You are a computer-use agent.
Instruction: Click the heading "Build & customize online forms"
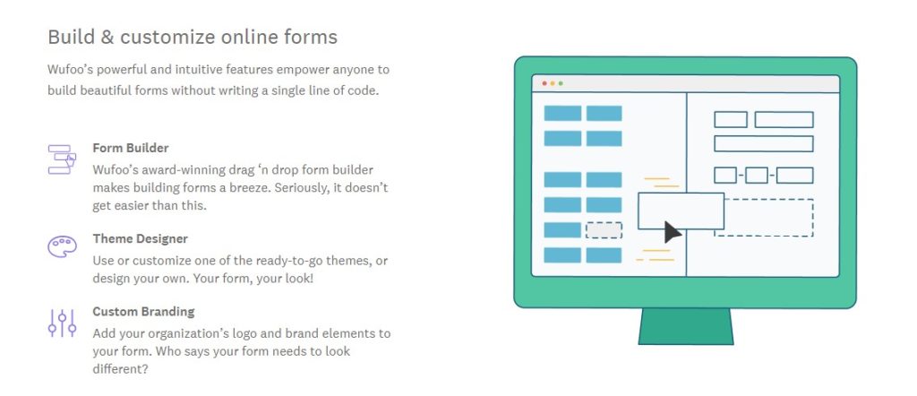pos(193,38)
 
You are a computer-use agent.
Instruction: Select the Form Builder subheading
pos(131,148)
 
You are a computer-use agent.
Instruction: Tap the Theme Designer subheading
pos(141,238)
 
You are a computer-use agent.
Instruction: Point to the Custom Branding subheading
pos(143,311)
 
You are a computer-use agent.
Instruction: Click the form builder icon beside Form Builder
pos(62,159)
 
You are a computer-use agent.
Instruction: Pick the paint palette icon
pos(62,245)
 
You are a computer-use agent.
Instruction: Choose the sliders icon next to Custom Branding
pos(62,323)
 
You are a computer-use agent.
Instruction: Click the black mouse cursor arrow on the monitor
pos(673,232)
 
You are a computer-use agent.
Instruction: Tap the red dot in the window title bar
pos(544,83)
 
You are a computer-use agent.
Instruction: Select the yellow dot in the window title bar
pos(553,83)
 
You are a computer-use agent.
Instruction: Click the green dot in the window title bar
pos(561,83)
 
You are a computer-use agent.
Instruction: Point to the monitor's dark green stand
pos(685,326)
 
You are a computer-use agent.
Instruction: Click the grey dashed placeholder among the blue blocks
pos(604,230)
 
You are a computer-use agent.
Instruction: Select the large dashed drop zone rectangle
pos(764,218)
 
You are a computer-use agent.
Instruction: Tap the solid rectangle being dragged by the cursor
pos(681,211)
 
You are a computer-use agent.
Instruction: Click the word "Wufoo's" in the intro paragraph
pos(70,70)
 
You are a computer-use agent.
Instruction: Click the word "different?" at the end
pos(120,370)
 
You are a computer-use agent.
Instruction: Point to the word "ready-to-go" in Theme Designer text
pos(274,261)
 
